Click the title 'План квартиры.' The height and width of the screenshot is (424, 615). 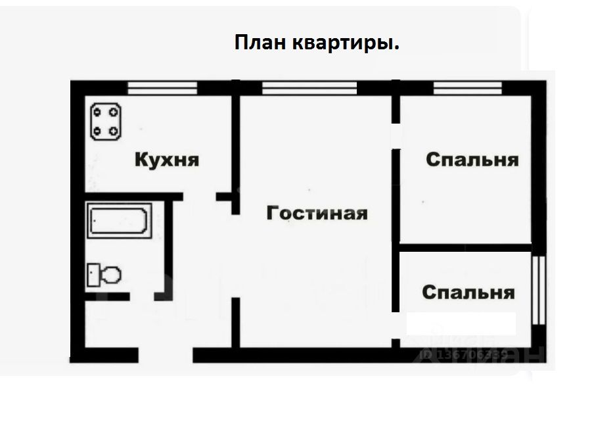click(317, 43)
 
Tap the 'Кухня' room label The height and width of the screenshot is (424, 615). click(167, 160)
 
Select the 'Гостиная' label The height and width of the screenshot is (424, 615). click(317, 213)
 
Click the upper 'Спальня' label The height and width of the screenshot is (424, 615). click(472, 160)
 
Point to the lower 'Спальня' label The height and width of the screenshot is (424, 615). click(468, 292)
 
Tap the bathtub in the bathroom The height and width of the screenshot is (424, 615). click(120, 222)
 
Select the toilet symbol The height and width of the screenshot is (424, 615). click(104, 274)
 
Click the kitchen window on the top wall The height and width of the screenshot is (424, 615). click(162, 85)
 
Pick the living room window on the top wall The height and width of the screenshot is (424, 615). click(309, 85)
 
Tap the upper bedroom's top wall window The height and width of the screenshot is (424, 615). click(468, 85)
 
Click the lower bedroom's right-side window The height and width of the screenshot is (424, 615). click(539, 289)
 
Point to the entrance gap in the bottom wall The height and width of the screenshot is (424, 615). click(165, 356)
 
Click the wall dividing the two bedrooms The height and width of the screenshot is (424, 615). click(465, 247)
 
